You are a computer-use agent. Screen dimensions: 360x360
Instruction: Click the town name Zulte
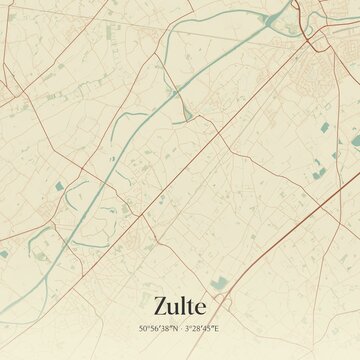(180, 303)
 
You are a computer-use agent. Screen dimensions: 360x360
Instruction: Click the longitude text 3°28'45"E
(202, 327)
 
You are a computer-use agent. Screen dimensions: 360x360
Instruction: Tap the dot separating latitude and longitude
(180, 327)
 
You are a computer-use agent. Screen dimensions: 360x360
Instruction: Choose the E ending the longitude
(217, 327)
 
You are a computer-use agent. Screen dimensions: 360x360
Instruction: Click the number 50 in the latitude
(144, 327)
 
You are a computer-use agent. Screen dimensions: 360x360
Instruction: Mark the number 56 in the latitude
(154, 327)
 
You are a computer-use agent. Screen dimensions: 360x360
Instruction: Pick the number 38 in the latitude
(165, 327)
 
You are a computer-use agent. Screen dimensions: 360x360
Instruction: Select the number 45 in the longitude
(208, 327)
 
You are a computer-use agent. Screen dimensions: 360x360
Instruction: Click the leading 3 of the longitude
(187, 327)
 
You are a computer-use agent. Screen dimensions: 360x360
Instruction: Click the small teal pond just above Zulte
(219, 283)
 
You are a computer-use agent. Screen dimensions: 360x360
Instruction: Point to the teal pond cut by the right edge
(356, 141)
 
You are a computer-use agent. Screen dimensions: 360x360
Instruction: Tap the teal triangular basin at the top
(270, 18)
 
